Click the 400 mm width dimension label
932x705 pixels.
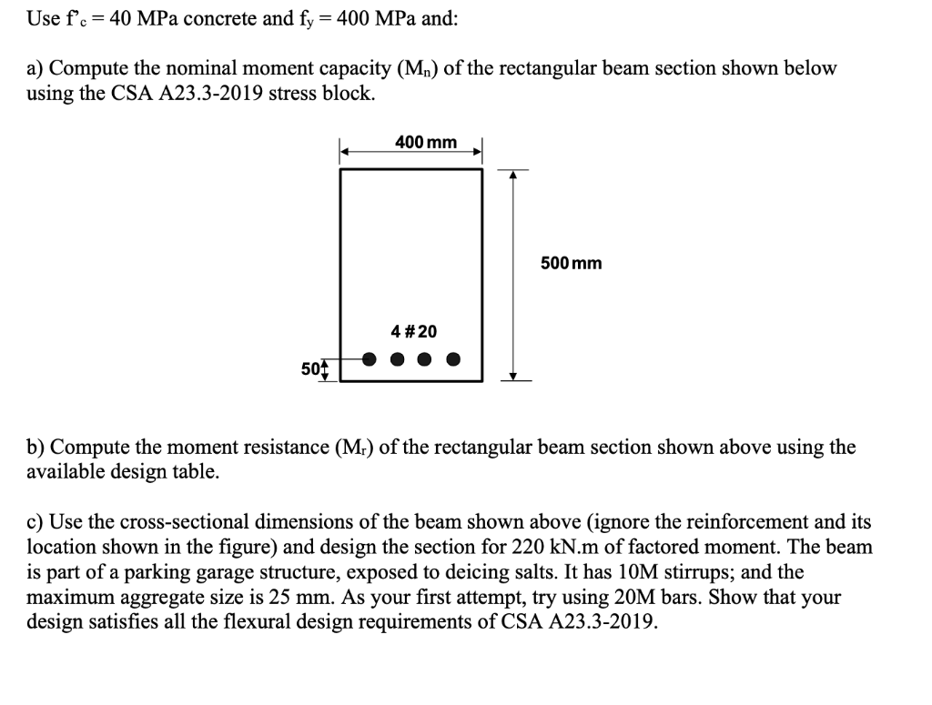point(426,143)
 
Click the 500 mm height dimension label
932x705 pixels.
point(571,264)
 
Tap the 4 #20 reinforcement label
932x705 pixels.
point(413,331)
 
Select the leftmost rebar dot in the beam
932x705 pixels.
point(370,358)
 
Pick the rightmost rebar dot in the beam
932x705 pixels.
point(452,358)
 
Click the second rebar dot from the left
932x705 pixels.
point(398,358)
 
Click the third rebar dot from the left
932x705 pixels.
point(425,358)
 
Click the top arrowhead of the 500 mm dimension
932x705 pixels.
point(512,174)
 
